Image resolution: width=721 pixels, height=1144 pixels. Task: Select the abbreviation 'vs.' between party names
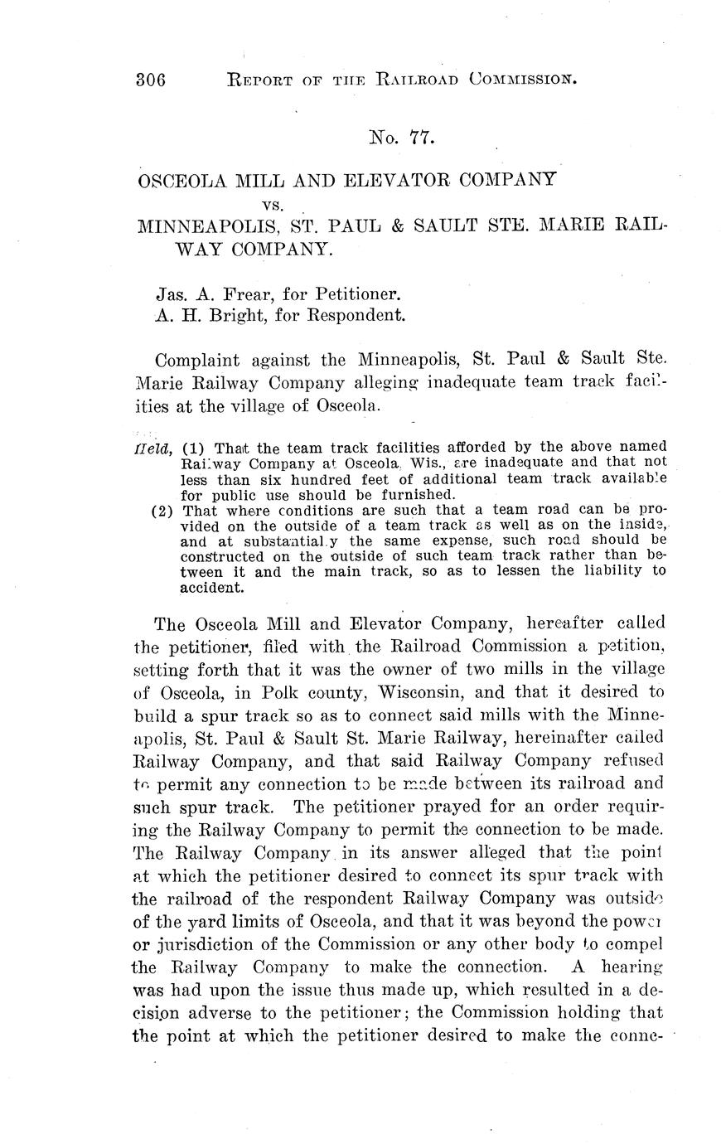coord(273,203)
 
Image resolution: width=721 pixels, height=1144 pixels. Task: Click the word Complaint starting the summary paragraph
coord(196,361)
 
